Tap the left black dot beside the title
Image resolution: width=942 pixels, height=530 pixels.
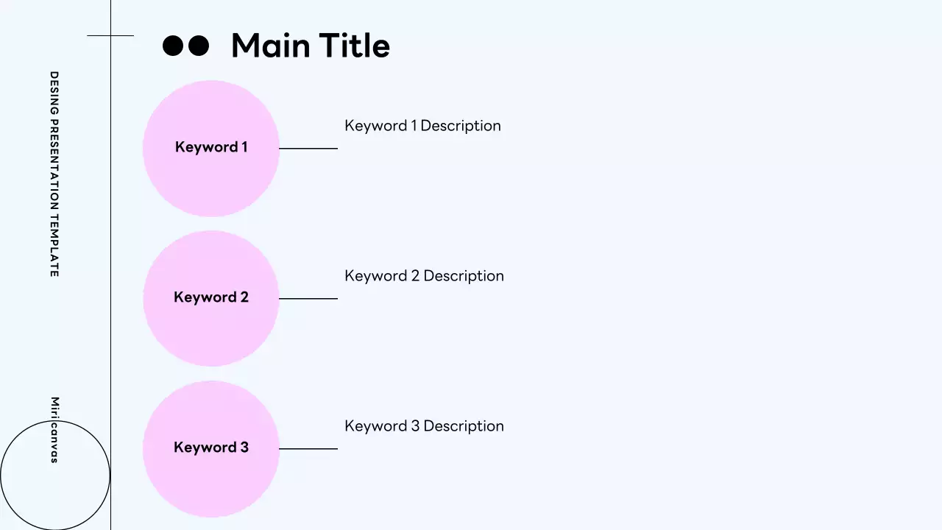[172, 46]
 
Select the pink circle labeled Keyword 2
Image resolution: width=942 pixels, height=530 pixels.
[211, 328]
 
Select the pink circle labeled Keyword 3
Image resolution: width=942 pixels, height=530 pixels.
[211, 478]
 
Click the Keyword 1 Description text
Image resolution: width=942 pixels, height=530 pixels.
[422, 126]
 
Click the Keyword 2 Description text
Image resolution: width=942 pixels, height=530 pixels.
[424, 276]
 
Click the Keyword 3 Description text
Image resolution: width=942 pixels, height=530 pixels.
[424, 426]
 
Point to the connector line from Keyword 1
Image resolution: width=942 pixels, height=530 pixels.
[308, 149]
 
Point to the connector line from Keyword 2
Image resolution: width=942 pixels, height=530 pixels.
[308, 299]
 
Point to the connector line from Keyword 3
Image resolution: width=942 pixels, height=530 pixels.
[308, 449]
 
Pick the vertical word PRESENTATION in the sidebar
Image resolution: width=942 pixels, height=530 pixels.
[54, 158]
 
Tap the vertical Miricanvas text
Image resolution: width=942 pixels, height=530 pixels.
[54, 430]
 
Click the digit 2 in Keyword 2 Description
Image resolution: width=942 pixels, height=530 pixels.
[414, 276]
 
